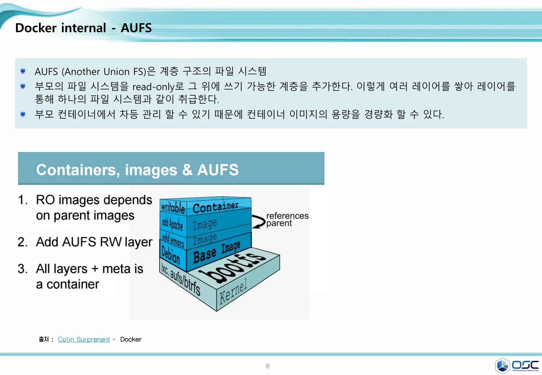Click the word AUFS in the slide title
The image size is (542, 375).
136,28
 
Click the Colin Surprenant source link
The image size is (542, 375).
84,339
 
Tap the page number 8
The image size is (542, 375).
268,366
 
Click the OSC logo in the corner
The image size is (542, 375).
517,365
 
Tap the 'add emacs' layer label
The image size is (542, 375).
173,240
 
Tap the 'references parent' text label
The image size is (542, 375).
287,219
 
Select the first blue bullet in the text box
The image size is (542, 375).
23,71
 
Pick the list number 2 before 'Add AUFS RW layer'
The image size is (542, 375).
22,242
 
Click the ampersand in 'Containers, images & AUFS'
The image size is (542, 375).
187,170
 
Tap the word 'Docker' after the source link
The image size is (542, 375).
131,339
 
